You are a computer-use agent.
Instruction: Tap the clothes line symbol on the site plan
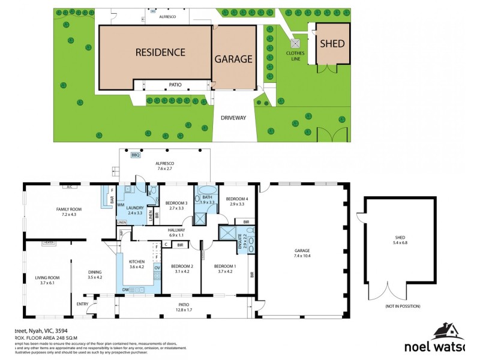(x=295, y=43)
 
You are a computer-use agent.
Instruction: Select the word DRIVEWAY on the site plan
(x=233, y=118)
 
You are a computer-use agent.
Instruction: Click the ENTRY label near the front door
(x=82, y=304)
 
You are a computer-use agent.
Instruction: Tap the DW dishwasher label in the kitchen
(x=127, y=290)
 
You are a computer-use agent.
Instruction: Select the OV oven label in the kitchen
(x=157, y=267)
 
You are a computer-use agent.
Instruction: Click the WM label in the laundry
(x=121, y=205)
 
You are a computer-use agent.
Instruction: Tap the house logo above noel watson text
(x=446, y=331)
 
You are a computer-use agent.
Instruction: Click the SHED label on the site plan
(x=332, y=43)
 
